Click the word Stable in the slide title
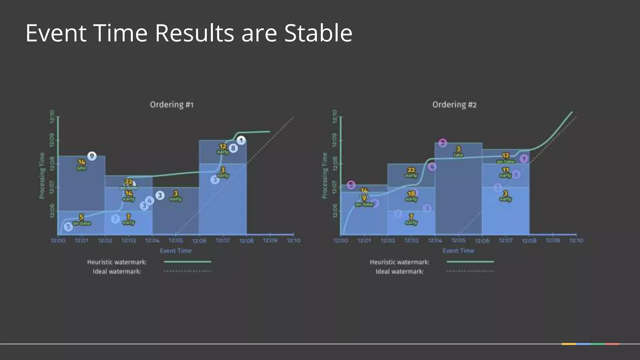(x=318, y=33)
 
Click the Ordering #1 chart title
(x=172, y=105)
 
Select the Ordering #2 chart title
(x=454, y=105)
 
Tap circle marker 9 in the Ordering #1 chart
(x=92, y=156)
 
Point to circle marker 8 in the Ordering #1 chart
(x=233, y=148)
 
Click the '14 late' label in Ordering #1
(x=81, y=165)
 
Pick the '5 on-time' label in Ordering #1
(x=81, y=220)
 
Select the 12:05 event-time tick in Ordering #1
(x=176, y=240)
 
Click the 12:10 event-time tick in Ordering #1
(x=293, y=240)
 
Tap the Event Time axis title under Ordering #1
(x=176, y=251)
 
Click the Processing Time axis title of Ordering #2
(x=325, y=175)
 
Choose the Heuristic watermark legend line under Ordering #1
(x=187, y=262)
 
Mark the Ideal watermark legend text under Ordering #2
(x=399, y=272)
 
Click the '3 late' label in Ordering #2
(x=458, y=152)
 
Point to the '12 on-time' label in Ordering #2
(x=505, y=158)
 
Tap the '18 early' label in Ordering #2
(x=411, y=196)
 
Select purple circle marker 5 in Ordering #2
(x=351, y=185)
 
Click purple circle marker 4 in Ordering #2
(x=432, y=167)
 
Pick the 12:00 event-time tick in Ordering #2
(x=340, y=240)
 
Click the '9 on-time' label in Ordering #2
(x=364, y=201)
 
